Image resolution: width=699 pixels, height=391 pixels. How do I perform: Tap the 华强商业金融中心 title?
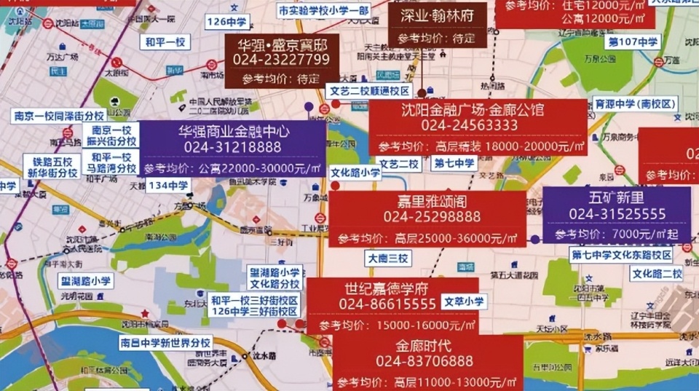(233, 132)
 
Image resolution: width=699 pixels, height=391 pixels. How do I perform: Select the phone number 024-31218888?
(233, 147)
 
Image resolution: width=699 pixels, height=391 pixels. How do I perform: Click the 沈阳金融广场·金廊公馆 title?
(472, 110)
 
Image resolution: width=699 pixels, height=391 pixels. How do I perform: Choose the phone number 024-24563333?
(469, 125)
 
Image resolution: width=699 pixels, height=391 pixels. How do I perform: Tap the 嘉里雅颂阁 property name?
(427, 200)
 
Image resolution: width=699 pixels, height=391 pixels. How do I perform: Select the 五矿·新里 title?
(617, 197)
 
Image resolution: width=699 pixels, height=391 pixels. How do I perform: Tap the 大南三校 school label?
(389, 258)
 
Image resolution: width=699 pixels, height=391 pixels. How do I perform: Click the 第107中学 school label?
(633, 42)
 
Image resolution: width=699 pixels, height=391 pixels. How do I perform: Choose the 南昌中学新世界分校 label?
(165, 343)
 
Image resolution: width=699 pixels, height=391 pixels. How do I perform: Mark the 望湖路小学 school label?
(85, 281)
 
